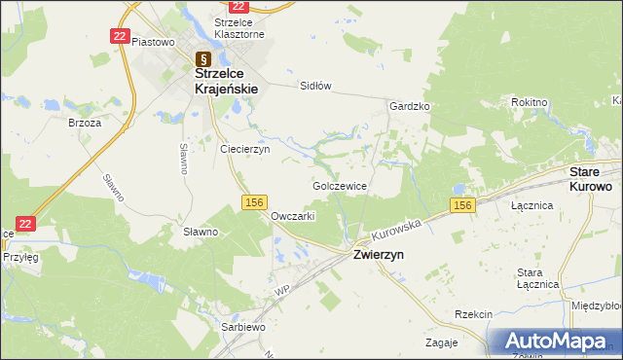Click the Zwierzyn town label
379,253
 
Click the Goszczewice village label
340,185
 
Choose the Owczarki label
292,216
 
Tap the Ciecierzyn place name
244,150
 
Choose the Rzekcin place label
474,314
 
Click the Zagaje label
442,343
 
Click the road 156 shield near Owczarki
254,201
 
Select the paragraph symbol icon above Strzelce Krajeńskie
202,57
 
